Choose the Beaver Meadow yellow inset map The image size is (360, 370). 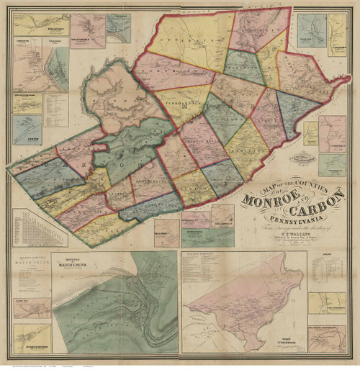click(x=27, y=102)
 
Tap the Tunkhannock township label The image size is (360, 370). click(x=180, y=103)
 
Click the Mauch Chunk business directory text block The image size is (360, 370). click(x=30, y=274)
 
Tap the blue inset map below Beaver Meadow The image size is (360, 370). click(x=27, y=130)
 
